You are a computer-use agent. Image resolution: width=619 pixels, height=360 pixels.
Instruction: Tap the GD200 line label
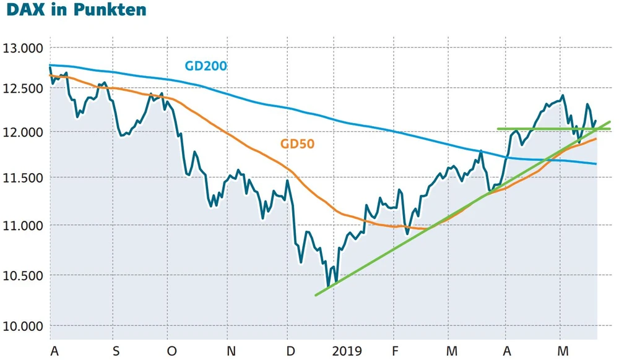(x=206, y=66)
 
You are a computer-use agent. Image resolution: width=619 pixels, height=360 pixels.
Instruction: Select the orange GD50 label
(x=298, y=144)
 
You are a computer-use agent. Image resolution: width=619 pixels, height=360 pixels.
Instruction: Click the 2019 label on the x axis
(x=347, y=351)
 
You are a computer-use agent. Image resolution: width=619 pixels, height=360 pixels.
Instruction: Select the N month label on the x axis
(x=232, y=351)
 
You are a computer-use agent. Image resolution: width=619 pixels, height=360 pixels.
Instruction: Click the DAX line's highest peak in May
(x=562, y=95)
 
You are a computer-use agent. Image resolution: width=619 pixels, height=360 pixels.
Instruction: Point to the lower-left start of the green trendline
(x=316, y=295)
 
